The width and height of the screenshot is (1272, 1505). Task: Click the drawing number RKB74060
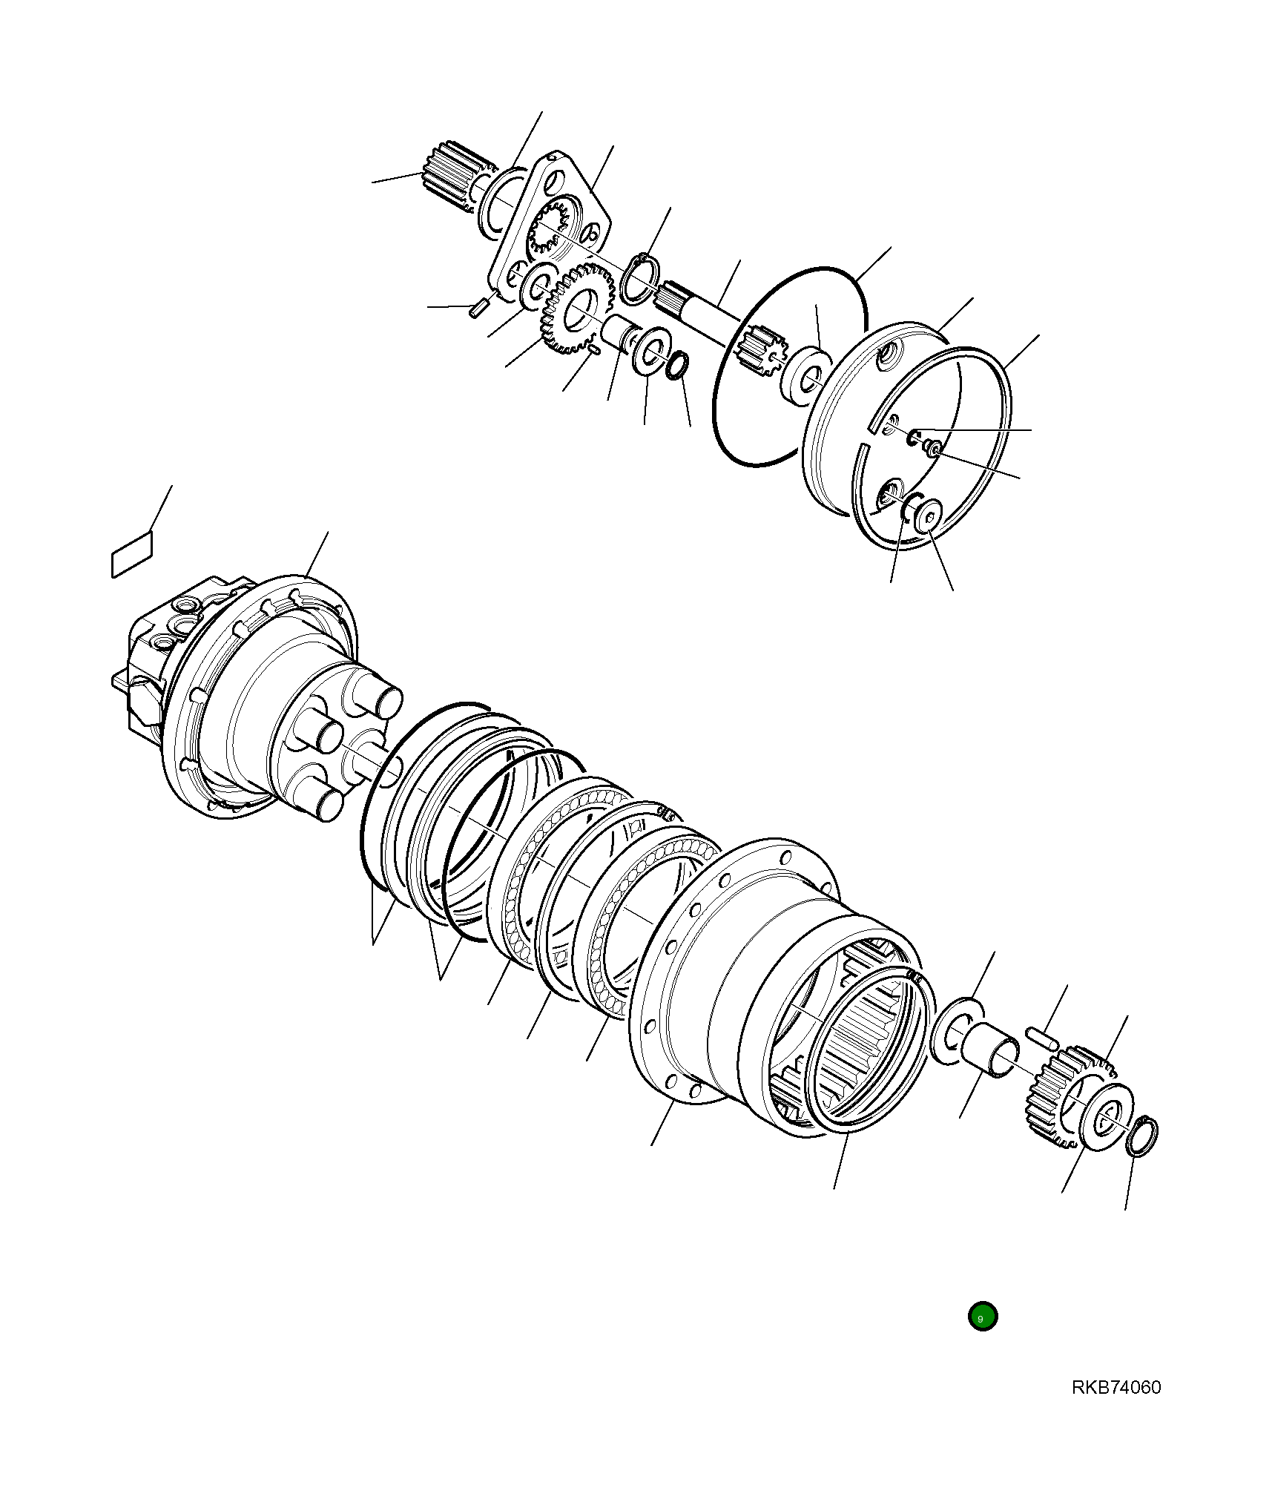(1116, 1387)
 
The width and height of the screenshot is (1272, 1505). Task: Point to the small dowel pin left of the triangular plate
(478, 307)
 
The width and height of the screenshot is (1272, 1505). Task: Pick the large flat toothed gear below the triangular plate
(578, 310)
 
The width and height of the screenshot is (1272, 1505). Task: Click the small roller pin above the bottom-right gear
(1041, 1036)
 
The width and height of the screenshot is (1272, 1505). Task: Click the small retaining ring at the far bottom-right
(1141, 1136)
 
